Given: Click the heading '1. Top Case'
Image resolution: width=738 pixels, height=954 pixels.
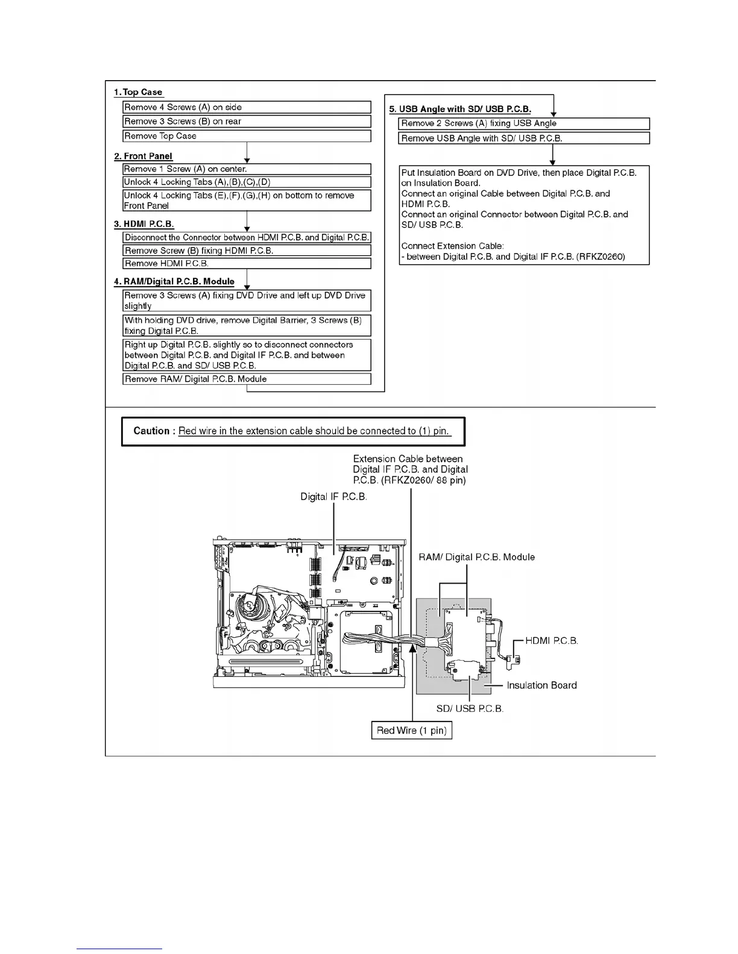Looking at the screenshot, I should tap(138, 92).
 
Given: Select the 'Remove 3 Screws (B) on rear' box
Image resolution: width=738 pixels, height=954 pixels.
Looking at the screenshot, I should tap(247, 122).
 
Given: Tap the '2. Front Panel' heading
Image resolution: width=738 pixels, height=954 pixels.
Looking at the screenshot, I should tap(143, 156).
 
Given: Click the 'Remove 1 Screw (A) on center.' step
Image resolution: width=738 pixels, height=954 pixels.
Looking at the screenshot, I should tap(247, 169).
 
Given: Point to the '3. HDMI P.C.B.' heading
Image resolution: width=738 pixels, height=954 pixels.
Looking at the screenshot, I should tap(144, 224).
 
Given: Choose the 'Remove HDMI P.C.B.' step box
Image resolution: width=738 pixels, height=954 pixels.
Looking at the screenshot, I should tap(247, 264).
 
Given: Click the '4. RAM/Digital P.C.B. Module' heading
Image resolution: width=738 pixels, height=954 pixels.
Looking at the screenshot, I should tap(174, 281).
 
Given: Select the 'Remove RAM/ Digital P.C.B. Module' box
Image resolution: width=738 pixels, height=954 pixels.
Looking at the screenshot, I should tap(247, 379).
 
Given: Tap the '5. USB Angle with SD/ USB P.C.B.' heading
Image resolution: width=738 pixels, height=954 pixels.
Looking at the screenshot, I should tap(460, 109).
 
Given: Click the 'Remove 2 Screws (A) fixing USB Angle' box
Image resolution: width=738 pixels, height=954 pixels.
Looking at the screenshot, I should tap(524, 123).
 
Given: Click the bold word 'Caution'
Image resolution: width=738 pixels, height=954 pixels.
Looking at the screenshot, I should tap(151, 431).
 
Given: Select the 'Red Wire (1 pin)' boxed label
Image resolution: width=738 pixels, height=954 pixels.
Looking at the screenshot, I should tap(412, 731).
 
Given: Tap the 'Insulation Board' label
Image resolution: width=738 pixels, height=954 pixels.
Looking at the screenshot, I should tap(541, 685).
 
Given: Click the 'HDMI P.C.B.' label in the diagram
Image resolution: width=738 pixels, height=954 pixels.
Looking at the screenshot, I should tap(552, 640).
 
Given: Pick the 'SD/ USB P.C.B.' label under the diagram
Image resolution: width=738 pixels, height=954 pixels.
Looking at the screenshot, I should tap(470, 708).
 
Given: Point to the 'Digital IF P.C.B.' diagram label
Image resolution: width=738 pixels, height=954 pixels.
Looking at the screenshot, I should tap(334, 497).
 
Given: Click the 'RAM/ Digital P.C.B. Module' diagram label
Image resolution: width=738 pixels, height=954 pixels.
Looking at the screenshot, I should tap(476, 557).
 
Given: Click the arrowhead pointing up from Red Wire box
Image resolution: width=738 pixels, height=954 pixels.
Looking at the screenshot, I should tap(412, 648).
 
